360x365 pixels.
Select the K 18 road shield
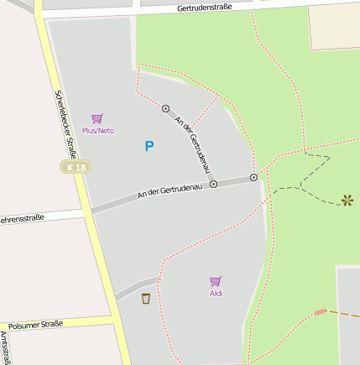76,167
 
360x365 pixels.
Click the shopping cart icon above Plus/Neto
97,119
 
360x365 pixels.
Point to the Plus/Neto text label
97,131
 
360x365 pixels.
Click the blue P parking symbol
149,146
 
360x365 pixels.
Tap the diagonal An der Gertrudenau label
191,139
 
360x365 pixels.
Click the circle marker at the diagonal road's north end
166,108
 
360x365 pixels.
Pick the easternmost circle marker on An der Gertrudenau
253,178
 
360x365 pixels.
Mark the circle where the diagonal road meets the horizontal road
213,183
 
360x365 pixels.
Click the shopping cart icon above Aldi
216,281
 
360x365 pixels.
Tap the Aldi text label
216,293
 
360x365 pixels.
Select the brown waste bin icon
146,298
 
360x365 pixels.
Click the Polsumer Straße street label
35,324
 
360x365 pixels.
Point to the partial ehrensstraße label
22,218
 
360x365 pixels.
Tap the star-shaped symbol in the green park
347,201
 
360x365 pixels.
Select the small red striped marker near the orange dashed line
320,312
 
